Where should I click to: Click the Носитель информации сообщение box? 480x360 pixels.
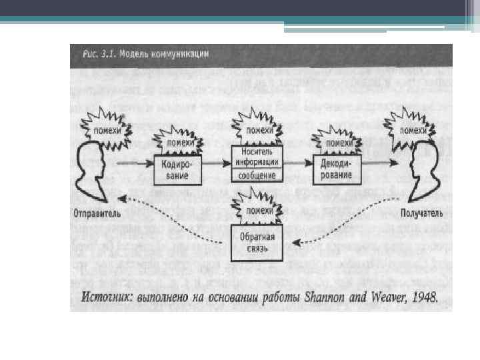[x=257, y=163]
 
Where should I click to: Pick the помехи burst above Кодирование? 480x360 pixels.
[x=180, y=142]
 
